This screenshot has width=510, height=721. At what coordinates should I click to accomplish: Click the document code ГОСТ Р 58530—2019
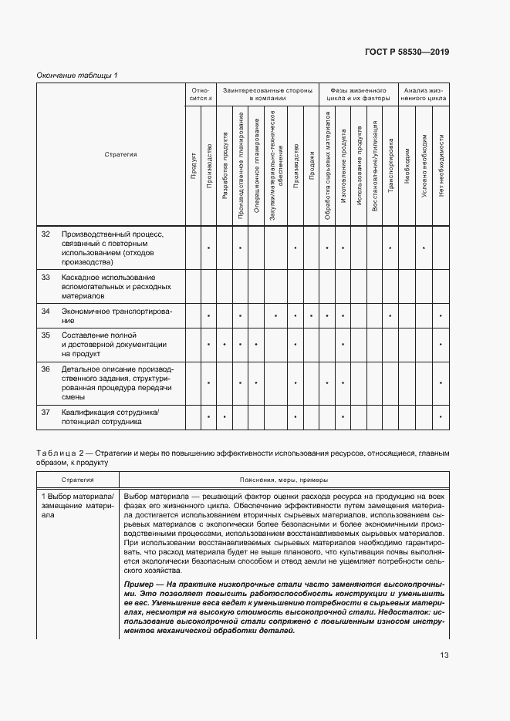pos(407,52)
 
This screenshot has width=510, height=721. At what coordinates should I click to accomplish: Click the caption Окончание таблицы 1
pos(77,75)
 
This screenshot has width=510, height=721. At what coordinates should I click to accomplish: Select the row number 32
pos(46,233)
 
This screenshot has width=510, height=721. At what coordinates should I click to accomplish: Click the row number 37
pos(46,412)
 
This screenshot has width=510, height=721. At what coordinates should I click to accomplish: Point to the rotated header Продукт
pos(193,167)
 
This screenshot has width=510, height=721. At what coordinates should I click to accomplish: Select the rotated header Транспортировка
pos(390,163)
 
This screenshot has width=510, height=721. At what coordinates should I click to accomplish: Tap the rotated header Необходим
pos(407,163)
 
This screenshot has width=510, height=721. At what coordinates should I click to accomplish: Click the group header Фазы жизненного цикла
pos(358,94)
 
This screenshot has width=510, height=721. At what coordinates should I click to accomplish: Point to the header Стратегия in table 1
pos(120,154)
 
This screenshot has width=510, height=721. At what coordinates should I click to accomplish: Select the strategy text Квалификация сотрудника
pos(109,412)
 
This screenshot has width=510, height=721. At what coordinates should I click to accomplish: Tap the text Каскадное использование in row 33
pos(108,277)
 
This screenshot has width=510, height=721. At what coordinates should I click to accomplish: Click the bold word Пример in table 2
pos(139,586)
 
